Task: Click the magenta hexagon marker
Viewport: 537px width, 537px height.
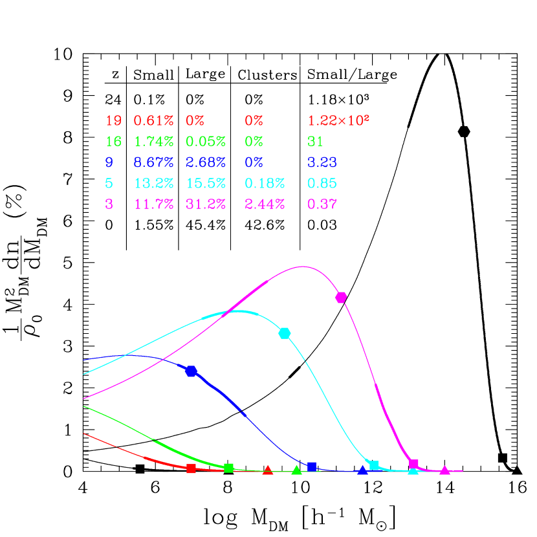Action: coord(341,297)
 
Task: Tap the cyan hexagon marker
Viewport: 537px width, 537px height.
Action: coord(285,333)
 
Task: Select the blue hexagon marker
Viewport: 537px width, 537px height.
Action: coord(191,371)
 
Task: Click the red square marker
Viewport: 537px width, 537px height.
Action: coord(191,468)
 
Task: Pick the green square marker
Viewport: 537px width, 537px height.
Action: coord(228,468)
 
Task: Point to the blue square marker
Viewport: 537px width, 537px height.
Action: coord(312,466)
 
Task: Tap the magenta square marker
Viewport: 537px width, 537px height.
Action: coord(414,464)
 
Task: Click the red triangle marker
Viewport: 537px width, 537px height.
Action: coord(268,470)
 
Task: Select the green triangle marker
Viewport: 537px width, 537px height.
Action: coord(296,470)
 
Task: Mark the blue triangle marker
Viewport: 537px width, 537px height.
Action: coord(363,470)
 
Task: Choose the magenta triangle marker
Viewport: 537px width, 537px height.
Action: coord(444,470)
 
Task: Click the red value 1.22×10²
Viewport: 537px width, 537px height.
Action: coord(338,120)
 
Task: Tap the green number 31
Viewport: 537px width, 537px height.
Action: coord(315,141)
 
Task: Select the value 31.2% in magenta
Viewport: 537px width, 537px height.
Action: coord(205,204)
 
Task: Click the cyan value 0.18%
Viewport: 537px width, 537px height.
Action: coord(264,183)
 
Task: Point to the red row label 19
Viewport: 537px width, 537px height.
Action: coord(113,120)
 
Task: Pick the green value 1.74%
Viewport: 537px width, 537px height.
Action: coord(153,141)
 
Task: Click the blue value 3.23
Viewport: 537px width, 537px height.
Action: coord(322,162)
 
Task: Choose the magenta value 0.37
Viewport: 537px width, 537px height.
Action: coord(322,204)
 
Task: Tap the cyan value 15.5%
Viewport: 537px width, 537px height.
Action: coord(205,183)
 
